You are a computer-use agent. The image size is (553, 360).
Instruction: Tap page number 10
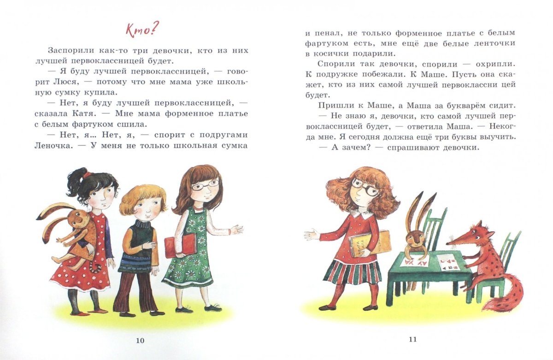(x=140, y=341)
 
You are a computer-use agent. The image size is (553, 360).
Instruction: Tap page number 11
(x=413, y=340)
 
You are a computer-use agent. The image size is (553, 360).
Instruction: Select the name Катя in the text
(x=84, y=114)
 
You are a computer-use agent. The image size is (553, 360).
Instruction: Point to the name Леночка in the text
(x=54, y=146)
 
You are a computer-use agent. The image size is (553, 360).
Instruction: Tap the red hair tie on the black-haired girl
(x=87, y=175)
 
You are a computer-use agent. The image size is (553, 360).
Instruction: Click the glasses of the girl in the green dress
(x=206, y=184)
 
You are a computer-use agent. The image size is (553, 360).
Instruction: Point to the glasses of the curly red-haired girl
(x=365, y=187)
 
